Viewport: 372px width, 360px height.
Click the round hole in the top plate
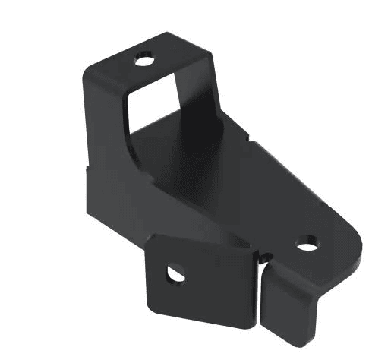144,58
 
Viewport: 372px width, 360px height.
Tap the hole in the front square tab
176,271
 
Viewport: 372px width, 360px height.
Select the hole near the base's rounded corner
307,245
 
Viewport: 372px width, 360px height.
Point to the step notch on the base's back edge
249,137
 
